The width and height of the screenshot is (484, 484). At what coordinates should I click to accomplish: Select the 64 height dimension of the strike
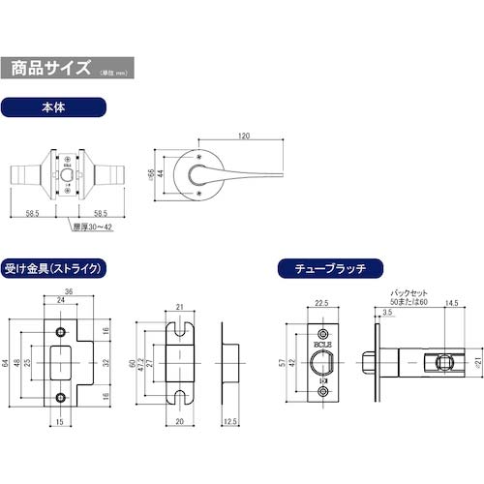7,363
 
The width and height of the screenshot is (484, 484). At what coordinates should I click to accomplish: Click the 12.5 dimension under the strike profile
228,421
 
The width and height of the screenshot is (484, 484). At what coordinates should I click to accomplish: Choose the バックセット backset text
407,289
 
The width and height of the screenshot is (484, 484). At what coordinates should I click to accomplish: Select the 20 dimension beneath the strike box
181,421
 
